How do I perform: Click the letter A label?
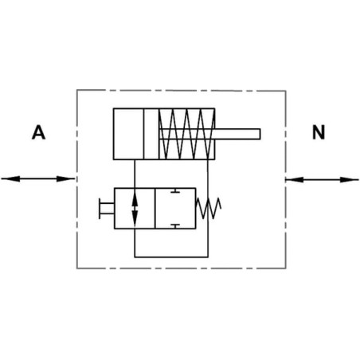pyautogui.click(x=38, y=132)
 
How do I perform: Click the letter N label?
pyautogui.click(x=319, y=132)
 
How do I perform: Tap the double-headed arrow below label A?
pyautogui.click(x=37, y=179)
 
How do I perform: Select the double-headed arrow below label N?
pyautogui.click(x=323, y=180)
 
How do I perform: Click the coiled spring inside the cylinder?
pyautogui.click(x=187, y=134)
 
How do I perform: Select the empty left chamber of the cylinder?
pyautogui.click(x=128, y=134)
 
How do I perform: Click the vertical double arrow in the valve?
pyautogui.click(x=135, y=209)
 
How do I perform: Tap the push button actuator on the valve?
pyautogui.click(x=106, y=209)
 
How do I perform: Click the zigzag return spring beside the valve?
pyautogui.click(x=208, y=209)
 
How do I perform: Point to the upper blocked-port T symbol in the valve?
pyautogui.click(x=175, y=190)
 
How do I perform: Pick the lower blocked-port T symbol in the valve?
pyautogui.click(x=175, y=226)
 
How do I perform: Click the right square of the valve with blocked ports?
pyautogui.click(x=175, y=209)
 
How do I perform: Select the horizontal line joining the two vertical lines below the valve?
pyautogui.click(x=171, y=257)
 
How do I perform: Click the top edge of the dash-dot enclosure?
pyautogui.click(x=182, y=91)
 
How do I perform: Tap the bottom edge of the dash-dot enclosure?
pyautogui.click(x=182, y=268)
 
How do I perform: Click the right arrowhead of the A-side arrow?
pyautogui.click(x=65, y=179)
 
